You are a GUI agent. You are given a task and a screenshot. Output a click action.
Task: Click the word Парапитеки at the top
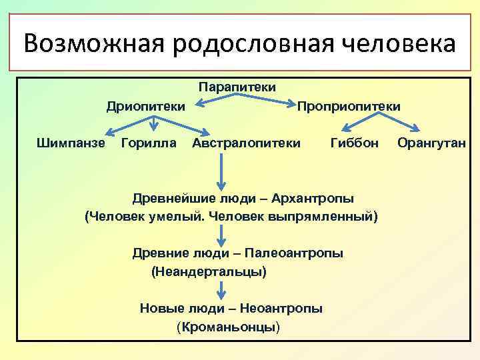(x=237, y=87)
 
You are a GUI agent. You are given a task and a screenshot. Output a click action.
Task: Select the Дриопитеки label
(x=146, y=106)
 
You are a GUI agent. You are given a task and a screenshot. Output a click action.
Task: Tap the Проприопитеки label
(x=349, y=106)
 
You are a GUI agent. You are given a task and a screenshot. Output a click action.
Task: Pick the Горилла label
(x=149, y=143)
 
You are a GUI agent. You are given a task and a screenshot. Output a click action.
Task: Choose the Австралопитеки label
(x=245, y=143)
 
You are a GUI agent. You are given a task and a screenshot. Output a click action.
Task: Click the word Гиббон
(x=354, y=143)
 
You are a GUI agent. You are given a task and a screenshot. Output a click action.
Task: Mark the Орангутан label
(x=431, y=143)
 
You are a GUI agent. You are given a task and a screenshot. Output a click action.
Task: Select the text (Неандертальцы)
(x=209, y=271)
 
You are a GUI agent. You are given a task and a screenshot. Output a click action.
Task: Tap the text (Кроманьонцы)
(x=229, y=327)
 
